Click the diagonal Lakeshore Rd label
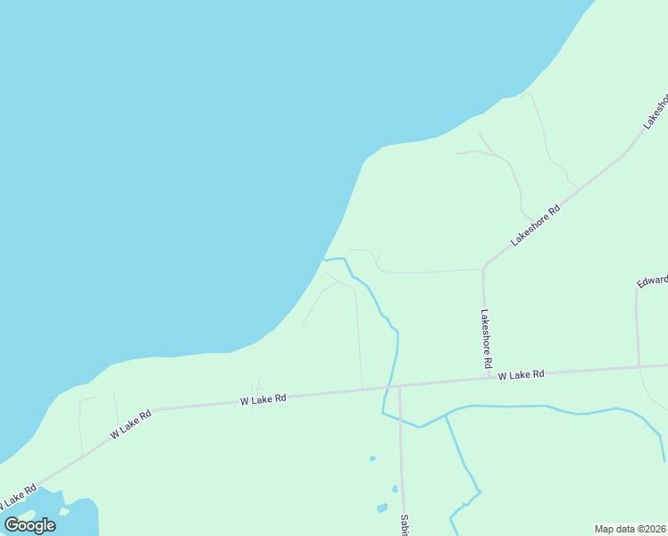pos(535,225)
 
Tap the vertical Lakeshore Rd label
pos(486,339)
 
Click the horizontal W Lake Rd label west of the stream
pos(263,400)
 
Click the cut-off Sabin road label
pos(404,524)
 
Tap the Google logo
pos(30,524)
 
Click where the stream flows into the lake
pos(323,260)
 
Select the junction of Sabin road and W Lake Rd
pos(399,387)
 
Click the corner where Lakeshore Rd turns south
pos(484,267)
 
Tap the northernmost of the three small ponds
pos(372,458)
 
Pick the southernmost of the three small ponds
pos(382,508)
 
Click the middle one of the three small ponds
pos(394,489)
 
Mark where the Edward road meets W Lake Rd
pos(639,366)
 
